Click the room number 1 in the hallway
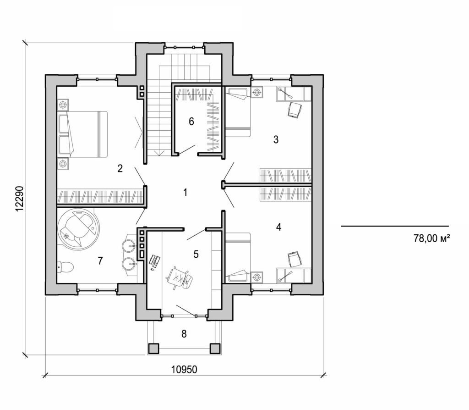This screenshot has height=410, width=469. (185, 193)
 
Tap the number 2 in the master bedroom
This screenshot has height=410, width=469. (120, 168)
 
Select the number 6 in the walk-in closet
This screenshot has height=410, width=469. (191, 122)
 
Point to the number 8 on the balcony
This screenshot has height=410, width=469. (184, 334)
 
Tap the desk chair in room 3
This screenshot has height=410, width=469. (294, 110)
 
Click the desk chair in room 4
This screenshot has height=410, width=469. (294, 259)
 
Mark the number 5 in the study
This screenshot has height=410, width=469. (196, 255)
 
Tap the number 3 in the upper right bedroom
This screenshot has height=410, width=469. (276, 140)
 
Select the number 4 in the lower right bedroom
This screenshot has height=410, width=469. (278, 227)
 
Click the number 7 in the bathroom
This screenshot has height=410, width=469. (100, 261)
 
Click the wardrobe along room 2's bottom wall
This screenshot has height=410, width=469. (100, 196)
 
